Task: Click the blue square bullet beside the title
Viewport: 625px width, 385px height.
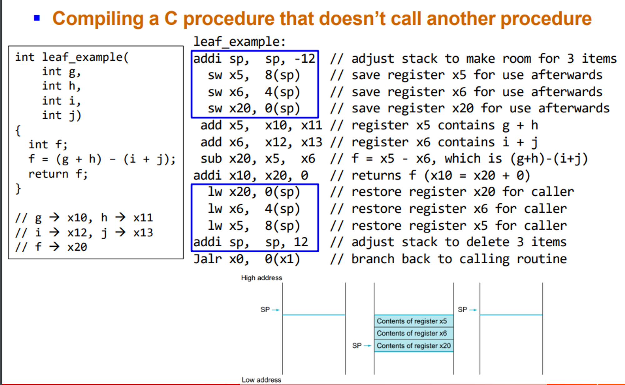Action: [x=37, y=18]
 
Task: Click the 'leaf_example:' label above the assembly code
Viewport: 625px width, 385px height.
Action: [x=239, y=42]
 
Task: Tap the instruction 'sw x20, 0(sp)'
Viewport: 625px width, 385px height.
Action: [x=254, y=108]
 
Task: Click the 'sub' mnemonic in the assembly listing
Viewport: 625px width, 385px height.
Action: [x=211, y=159]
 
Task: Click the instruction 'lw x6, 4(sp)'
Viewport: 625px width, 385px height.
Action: [x=254, y=209]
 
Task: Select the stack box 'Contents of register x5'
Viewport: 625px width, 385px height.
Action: [x=413, y=321]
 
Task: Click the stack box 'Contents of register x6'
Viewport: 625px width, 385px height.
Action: [x=413, y=333]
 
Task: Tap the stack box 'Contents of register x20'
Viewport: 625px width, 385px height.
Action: [x=413, y=346]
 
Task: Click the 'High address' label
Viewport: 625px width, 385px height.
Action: [x=261, y=278]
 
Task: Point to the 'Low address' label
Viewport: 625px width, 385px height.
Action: [x=261, y=380]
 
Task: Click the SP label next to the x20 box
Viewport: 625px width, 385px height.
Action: [x=357, y=346]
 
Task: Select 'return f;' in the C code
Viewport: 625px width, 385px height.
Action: [x=58, y=174]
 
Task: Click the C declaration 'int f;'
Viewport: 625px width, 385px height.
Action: [x=48, y=145]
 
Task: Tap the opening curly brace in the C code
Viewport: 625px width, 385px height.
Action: [x=18, y=131]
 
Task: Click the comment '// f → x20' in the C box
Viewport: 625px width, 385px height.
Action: [x=51, y=247]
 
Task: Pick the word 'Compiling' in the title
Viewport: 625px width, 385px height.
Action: [x=98, y=19]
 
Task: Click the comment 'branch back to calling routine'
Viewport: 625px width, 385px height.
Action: [x=459, y=259]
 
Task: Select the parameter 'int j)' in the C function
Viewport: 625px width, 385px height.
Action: [x=62, y=115]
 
